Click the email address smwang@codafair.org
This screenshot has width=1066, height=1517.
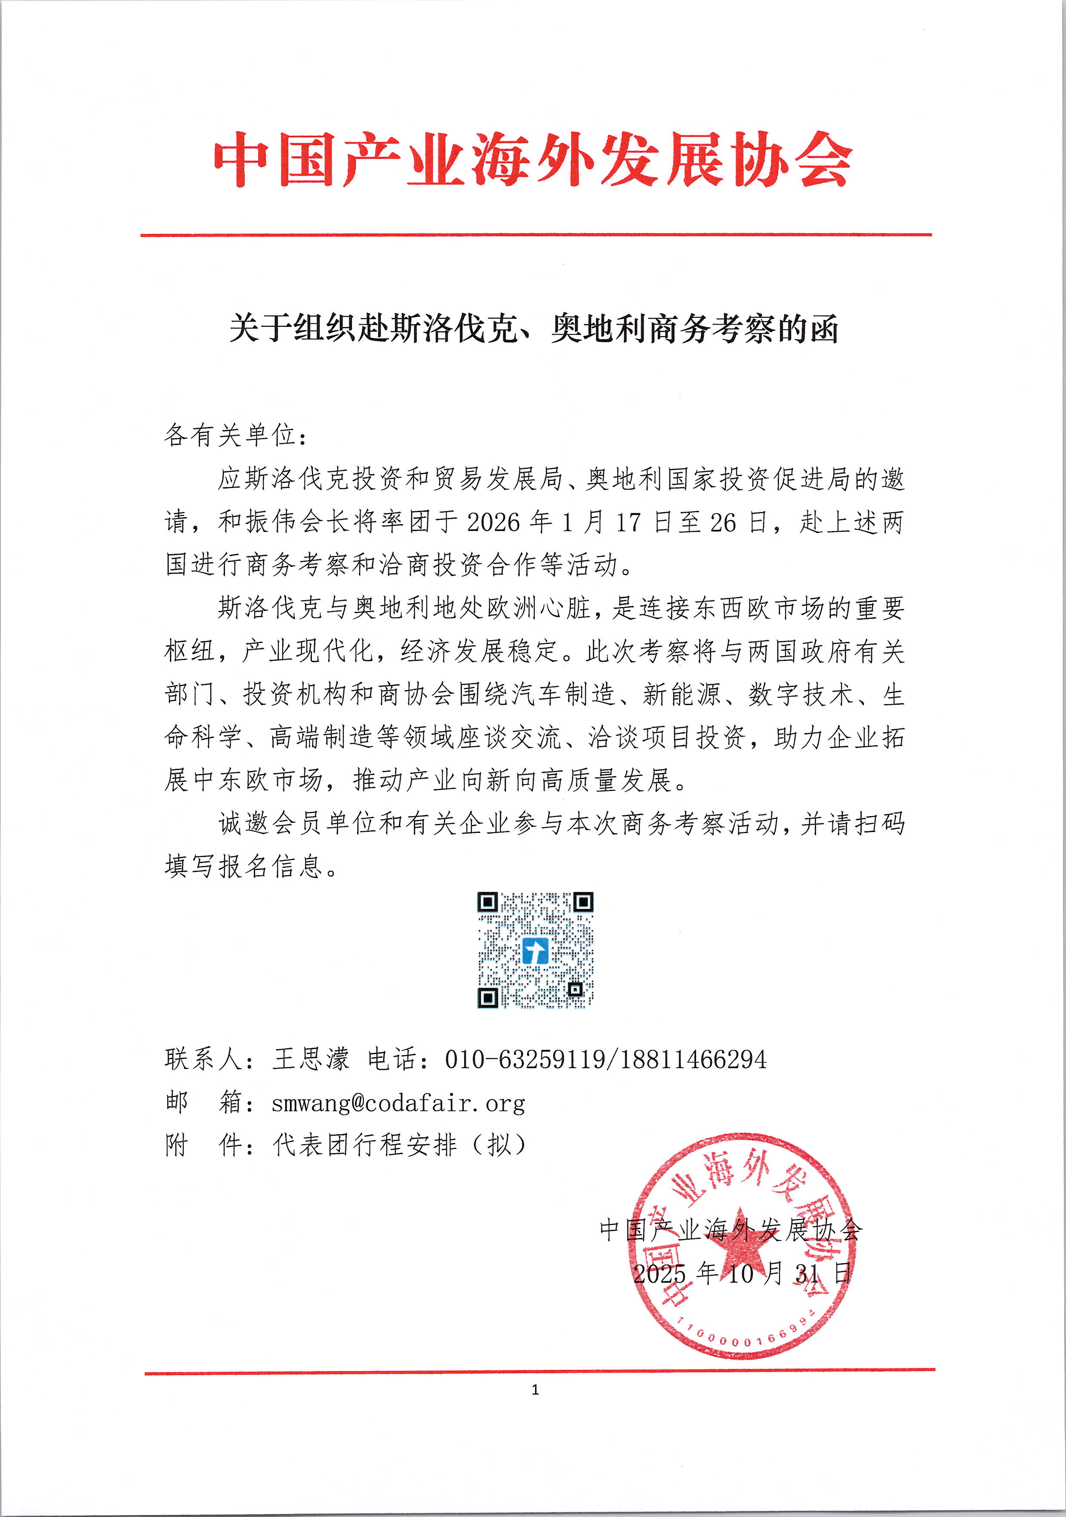coord(398,1103)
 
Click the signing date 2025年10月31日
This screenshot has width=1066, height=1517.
coord(742,1273)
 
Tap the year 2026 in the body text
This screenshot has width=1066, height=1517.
coord(493,522)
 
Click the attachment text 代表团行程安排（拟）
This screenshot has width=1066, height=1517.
coord(399,1145)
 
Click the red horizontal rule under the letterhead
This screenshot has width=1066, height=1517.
coord(535,234)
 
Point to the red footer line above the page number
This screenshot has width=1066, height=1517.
coord(539,1371)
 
